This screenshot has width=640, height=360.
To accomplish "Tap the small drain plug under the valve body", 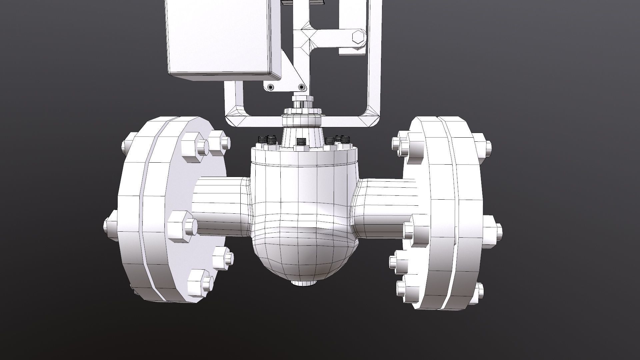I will coord(303,283).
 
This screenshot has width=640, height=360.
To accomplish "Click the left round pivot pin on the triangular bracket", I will coord(270,87).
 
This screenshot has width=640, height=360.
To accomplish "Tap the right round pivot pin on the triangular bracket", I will coord(302,87).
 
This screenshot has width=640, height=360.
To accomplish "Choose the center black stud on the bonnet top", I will coord(301,142).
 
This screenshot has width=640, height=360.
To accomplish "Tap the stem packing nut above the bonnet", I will coord(303,100).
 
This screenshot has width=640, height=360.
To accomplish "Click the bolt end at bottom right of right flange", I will coord(480,291).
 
